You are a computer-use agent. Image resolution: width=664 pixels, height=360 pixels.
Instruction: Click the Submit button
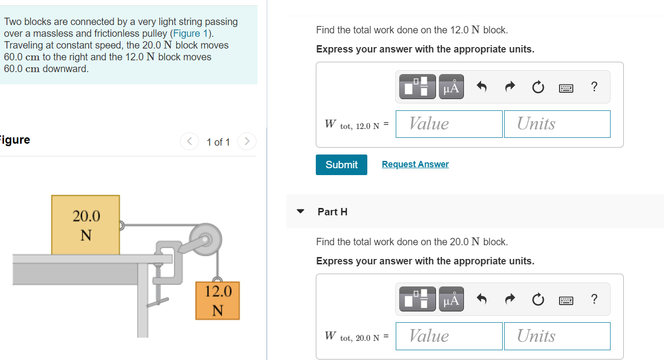(x=341, y=165)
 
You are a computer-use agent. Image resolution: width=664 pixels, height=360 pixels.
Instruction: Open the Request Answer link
(x=415, y=164)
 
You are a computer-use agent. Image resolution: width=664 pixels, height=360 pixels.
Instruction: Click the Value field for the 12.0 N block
(x=449, y=124)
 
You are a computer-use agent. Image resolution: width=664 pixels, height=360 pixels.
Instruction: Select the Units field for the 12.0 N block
(x=557, y=124)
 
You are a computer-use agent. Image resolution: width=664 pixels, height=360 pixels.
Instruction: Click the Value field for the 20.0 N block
(x=449, y=336)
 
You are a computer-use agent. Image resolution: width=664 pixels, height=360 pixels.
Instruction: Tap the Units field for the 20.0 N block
(x=557, y=336)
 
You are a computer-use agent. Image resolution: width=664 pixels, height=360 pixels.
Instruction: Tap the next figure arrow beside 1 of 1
(x=247, y=142)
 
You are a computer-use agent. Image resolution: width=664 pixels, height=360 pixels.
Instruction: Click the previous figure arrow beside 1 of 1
(x=189, y=142)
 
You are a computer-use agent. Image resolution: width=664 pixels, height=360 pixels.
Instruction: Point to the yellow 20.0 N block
(x=85, y=225)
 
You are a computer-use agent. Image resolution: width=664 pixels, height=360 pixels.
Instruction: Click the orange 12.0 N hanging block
(x=217, y=301)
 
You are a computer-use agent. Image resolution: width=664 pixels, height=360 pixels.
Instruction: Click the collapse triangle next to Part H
(x=301, y=212)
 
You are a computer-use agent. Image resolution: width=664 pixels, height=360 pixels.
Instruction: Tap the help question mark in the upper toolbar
(x=594, y=87)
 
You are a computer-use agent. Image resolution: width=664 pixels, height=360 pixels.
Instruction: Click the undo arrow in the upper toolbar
(x=482, y=87)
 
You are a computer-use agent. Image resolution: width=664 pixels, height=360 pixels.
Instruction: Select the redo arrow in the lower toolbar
(x=510, y=299)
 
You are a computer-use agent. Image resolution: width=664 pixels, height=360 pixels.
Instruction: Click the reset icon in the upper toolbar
(x=538, y=87)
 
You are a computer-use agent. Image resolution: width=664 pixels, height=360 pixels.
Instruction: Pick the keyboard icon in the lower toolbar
(x=566, y=299)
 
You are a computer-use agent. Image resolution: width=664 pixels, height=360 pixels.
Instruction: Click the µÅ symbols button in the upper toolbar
(x=451, y=87)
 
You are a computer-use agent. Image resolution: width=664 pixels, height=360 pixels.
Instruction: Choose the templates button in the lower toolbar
(x=417, y=299)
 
